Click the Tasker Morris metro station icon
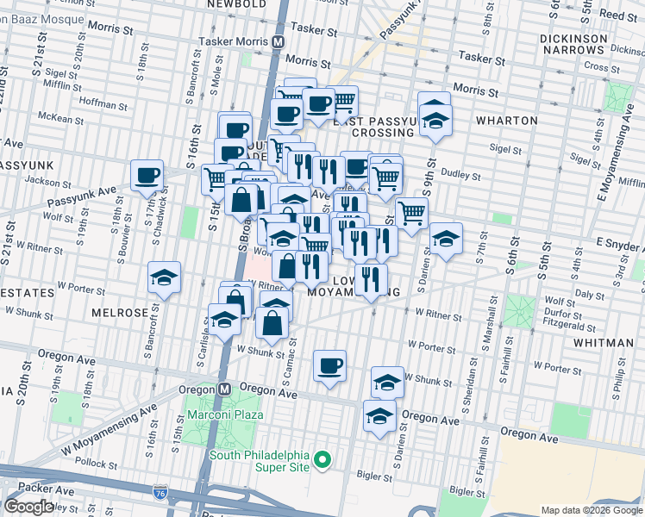(279, 40)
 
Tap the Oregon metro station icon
(223, 389)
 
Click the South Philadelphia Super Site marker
(322, 461)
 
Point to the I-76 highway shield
(160, 493)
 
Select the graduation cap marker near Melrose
(164, 277)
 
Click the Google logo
(28, 506)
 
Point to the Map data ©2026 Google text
(592, 510)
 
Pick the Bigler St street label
(375, 476)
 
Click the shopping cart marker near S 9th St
(412, 212)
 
